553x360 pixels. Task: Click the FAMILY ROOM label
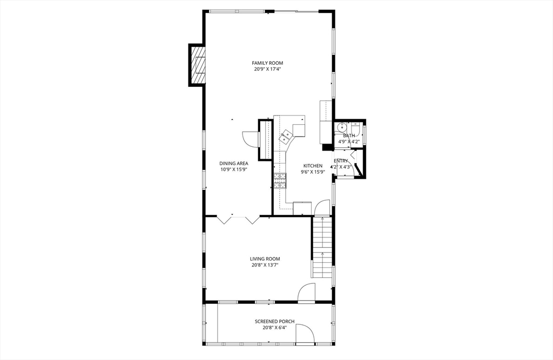[268, 63]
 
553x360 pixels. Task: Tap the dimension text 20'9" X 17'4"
[268, 69]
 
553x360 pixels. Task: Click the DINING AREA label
[233, 164]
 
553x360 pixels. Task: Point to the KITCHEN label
[313, 166]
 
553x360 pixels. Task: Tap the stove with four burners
[279, 180]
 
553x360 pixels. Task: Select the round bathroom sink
[340, 128]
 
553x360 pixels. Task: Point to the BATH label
[349, 136]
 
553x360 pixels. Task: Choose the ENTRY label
[341, 161]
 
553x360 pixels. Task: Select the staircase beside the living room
[321, 246]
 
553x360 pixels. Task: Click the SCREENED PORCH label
[274, 322]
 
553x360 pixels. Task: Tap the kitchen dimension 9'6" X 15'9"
[313, 172]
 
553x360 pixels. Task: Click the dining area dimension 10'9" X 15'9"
[233, 169]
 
